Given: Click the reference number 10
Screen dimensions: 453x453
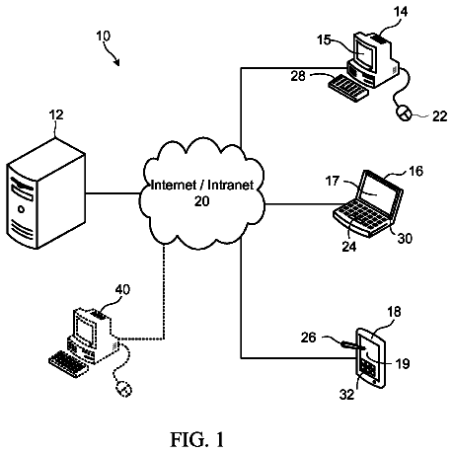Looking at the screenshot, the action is [x=104, y=36].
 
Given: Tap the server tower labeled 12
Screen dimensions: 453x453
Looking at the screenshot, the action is [x=46, y=193].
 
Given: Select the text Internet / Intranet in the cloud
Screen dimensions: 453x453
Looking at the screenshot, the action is [x=202, y=185].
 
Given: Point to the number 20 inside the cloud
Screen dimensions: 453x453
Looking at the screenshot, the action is [x=201, y=201].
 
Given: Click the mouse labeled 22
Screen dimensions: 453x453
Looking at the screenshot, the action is [x=404, y=113].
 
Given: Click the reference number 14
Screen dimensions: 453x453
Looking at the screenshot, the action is [x=401, y=12].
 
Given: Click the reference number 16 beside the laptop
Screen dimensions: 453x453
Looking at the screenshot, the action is [x=415, y=171].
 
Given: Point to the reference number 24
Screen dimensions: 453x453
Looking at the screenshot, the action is [x=349, y=246].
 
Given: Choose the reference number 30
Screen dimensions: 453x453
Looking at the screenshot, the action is [x=405, y=238].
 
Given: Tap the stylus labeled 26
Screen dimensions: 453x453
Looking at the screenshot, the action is [x=353, y=345].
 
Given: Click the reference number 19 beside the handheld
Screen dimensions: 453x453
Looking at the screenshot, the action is [x=403, y=363].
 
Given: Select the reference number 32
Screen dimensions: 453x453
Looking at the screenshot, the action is [x=346, y=394].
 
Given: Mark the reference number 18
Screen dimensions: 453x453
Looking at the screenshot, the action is [x=394, y=311].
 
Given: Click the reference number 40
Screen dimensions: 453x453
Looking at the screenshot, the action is [x=122, y=289].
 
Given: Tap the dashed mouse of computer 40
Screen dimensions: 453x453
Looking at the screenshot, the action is [x=124, y=389].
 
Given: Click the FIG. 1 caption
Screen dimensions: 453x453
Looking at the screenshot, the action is [x=197, y=439].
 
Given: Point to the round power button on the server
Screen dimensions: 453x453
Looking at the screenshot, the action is [x=21, y=208].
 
